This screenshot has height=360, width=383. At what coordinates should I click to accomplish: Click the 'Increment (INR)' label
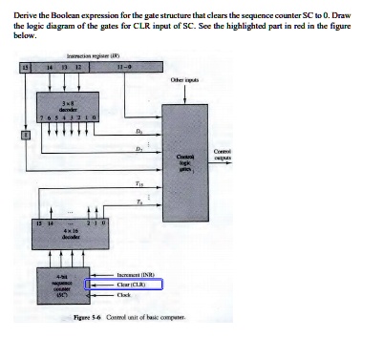[x=138, y=272]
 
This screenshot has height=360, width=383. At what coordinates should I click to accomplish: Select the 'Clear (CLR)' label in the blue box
[x=134, y=284]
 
